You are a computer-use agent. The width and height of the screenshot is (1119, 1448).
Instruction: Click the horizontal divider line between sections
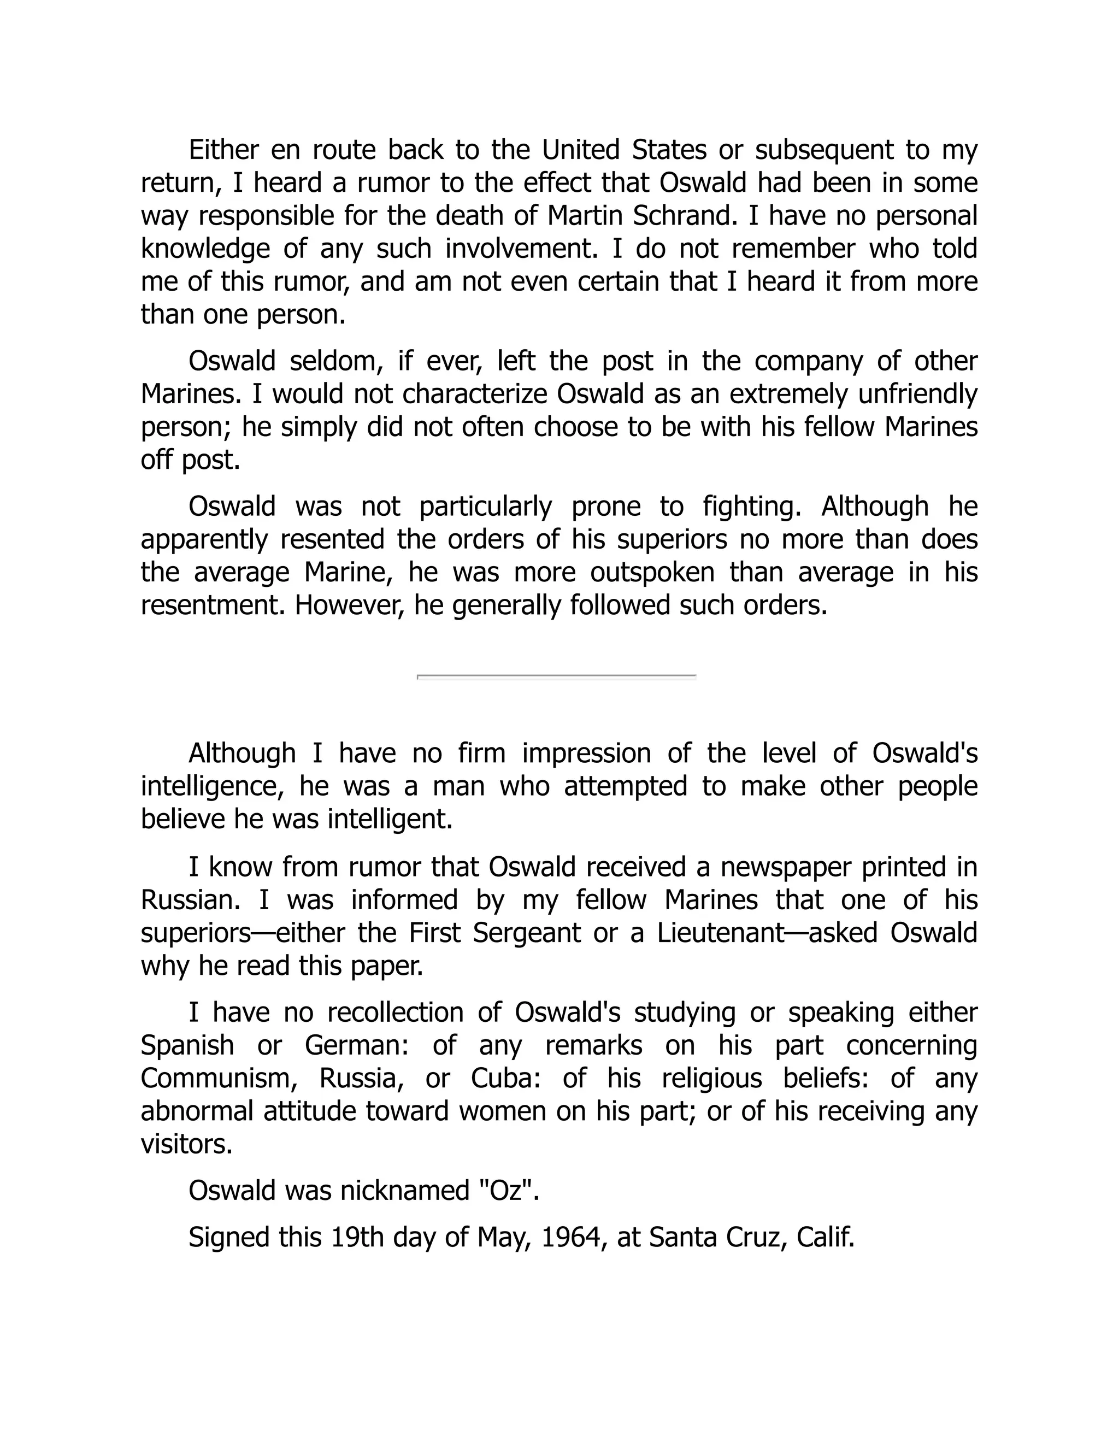click(x=556, y=676)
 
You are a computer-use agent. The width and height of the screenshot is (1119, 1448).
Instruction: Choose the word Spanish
click(x=187, y=1045)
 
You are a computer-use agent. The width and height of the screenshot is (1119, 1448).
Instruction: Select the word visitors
click(x=186, y=1144)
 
